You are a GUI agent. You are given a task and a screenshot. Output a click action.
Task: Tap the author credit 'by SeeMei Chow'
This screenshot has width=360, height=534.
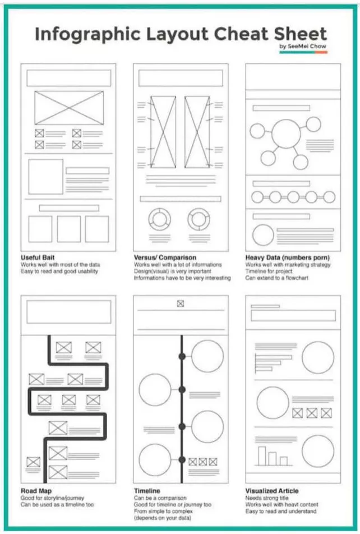click(x=303, y=46)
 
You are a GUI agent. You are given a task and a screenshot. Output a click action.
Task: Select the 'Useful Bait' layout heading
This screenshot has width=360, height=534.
click(x=38, y=257)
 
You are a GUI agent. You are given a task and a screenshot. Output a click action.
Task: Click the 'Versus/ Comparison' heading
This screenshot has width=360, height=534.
click(x=165, y=257)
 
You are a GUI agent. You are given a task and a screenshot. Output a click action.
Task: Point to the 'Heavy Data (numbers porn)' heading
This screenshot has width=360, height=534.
click(x=288, y=257)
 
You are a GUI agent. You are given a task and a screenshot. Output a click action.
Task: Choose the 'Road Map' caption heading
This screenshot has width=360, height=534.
click(x=36, y=491)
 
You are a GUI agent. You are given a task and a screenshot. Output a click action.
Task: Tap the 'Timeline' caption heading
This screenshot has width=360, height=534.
click(x=147, y=491)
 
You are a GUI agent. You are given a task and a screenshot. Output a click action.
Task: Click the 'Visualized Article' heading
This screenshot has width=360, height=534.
click(x=272, y=491)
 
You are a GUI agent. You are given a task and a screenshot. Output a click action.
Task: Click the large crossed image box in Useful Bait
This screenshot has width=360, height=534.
click(x=69, y=108)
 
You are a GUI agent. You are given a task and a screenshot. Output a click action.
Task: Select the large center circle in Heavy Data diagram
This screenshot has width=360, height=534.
click(x=286, y=133)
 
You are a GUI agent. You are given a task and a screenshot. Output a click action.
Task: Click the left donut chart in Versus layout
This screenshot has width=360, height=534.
click(x=159, y=219)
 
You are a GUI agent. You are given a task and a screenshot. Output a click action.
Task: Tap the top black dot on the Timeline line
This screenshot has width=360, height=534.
click(x=182, y=356)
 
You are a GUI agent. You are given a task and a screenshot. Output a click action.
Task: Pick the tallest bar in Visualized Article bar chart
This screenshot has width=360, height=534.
click(x=261, y=455)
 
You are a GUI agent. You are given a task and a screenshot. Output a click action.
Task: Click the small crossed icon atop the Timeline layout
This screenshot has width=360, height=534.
click(x=181, y=303)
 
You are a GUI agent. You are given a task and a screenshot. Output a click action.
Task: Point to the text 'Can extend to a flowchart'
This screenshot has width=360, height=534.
click(x=276, y=278)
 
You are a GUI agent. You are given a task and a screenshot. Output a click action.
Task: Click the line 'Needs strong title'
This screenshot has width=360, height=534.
click(x=267, y=498)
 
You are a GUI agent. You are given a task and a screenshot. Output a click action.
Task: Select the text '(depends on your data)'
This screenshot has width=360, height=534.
click(x=163, y=518)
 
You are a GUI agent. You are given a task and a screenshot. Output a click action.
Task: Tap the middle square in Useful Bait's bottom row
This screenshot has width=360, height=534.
click(x=69, y=229)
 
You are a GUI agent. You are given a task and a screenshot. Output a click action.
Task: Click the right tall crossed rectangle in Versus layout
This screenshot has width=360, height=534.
click(x=197, y=132)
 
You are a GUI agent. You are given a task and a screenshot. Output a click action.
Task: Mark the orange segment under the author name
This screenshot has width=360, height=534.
click(x=321, y=52)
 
